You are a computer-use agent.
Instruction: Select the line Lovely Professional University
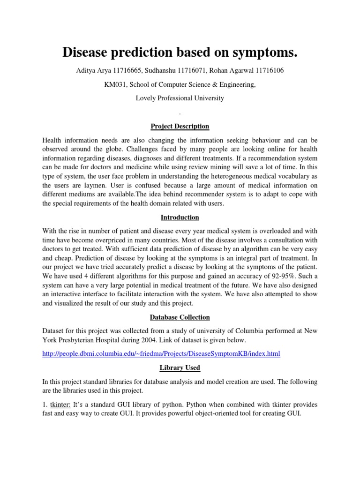[180, 98]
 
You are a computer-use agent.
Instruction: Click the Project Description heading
[180, 127]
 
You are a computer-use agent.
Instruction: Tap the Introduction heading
[180, 217]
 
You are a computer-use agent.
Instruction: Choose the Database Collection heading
[180, 318]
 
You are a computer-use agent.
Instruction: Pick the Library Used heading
[180, 367]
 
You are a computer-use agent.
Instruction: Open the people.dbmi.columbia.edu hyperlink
[161, 354]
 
